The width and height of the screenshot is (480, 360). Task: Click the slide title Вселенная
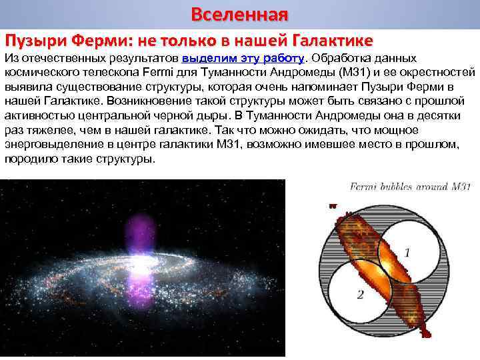click(x=239, y=14)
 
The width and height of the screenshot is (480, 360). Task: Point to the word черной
click(x=170, y=115)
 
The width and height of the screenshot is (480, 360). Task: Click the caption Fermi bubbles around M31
click(x=411, y=187)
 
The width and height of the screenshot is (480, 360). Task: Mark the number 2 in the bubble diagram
click(x=360, y=294)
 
